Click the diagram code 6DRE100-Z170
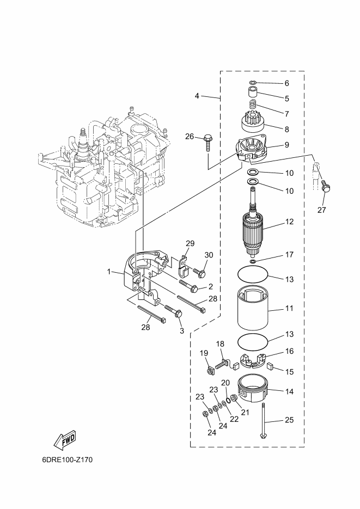68,459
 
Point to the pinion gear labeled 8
254,121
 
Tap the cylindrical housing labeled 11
253,308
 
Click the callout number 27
321,210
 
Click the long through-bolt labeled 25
263,420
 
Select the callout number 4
197,96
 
